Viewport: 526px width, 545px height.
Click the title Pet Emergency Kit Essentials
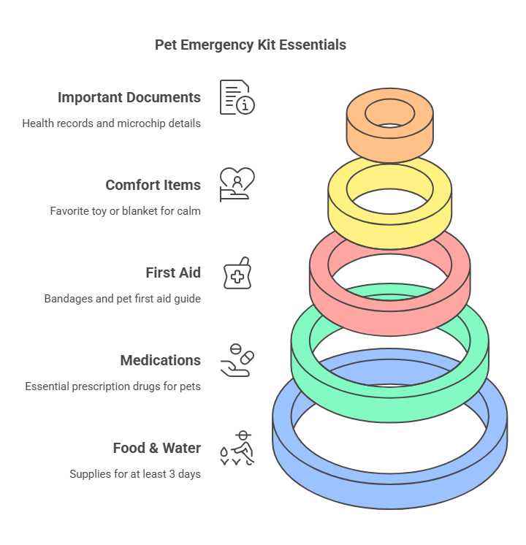251,45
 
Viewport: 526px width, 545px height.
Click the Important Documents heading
129,97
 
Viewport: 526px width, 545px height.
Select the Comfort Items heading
153,185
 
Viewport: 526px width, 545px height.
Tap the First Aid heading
173,272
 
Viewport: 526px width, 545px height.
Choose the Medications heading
160,360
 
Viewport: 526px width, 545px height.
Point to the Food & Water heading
156,448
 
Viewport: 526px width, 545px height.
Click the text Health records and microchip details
111,123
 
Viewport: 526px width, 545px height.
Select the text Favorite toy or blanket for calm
125,211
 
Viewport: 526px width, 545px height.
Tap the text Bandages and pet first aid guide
122,299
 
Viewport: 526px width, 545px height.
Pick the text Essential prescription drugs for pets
113,386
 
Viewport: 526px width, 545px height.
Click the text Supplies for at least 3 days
135,474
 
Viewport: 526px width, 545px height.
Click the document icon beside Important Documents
237,97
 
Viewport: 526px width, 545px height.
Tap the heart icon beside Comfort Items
237,184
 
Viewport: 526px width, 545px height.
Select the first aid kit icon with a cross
237,272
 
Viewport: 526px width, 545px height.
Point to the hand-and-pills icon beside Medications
237,360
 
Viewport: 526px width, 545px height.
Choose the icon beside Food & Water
237,448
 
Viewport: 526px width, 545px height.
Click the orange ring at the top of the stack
390,142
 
